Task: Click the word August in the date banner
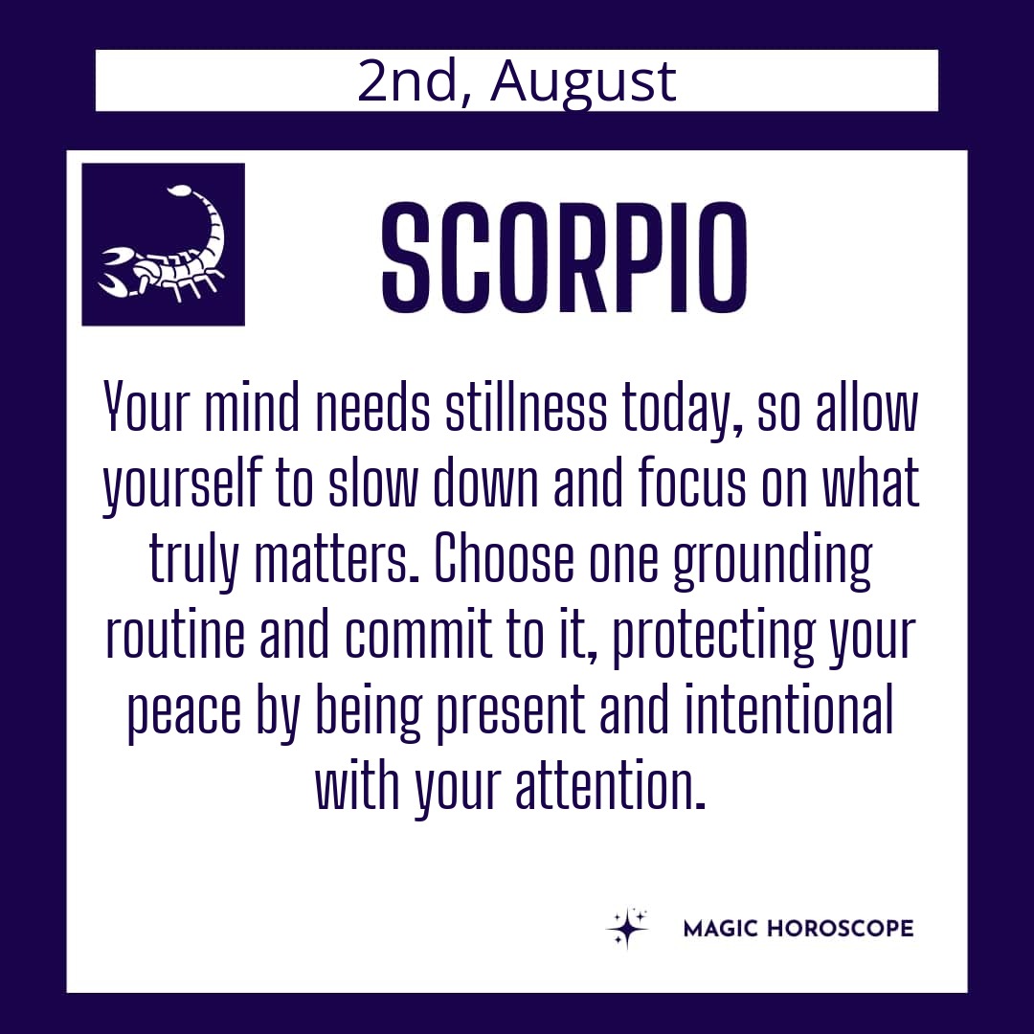(x=583, y=82)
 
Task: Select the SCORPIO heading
(x=565, y=258)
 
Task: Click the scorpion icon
(x=162, y=245)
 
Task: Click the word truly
(x=192, y=563)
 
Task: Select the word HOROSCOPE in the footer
(x=841, y=929)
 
